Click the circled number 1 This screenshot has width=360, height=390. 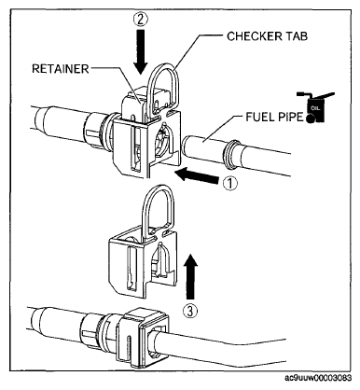coord(230,183)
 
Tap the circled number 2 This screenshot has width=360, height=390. coord(141,20)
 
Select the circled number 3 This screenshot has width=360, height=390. coord(190,310)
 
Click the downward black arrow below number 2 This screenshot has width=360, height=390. coord(141,51)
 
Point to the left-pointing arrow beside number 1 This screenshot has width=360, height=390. coord(197,176)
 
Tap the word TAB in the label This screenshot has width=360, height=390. coord(296,36)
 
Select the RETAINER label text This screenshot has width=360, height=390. coord(61,69)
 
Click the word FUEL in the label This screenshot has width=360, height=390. coord(258,117)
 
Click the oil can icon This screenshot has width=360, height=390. coord(315,107)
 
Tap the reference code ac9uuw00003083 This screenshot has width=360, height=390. coord(318,378)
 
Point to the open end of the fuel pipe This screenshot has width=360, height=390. coord(187,147)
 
